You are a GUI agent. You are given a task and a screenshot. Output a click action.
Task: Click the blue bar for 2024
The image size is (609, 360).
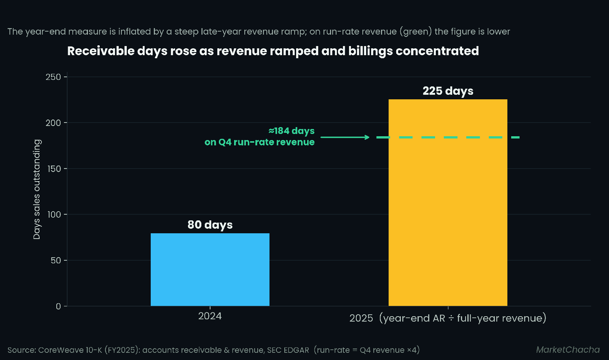point(210,269)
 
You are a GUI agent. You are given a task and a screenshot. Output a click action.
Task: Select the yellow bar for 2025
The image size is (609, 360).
point(448,202)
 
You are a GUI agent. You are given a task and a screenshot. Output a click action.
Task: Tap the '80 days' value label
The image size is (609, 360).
point(210,225)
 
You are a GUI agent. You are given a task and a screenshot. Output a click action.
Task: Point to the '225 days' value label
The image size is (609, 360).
point(448,91)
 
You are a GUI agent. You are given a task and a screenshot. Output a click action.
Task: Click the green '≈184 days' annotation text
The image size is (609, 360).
point(291,131)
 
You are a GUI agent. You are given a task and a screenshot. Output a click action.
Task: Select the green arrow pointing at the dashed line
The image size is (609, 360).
point(345,137)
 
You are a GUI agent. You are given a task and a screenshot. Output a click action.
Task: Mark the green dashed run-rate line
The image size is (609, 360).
point(448,137)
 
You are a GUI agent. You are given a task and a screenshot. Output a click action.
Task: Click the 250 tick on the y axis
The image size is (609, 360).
point(53,77)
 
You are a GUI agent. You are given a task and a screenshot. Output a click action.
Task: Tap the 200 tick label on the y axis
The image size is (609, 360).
point(53,123)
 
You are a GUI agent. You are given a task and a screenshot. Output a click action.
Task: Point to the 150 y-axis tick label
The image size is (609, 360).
point(54,169)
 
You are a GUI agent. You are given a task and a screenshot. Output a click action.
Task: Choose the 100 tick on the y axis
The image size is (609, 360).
point(54,215)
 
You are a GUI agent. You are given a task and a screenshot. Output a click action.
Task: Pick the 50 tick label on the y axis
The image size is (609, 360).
point(56,260)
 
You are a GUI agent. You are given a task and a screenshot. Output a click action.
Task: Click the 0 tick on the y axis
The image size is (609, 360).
point(59,306)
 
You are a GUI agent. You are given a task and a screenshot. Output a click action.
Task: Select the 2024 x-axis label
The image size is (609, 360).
point(210,316)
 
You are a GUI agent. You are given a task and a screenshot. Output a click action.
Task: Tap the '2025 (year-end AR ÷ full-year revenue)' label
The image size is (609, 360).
point(448,318)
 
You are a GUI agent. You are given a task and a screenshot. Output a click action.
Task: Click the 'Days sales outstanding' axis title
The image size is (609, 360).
point(37,189)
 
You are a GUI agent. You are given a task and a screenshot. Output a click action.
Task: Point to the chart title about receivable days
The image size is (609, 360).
point(273,51)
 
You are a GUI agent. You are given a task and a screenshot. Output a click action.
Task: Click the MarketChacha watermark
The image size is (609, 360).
point(568,350)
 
